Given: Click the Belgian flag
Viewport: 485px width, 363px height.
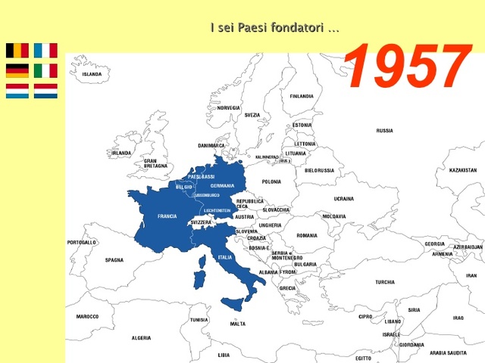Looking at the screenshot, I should [17, 51].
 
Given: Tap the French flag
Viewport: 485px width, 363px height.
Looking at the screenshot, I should [45, 51].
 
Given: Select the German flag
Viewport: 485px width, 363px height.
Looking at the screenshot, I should [17, 71].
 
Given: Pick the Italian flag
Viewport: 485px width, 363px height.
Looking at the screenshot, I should [45, 71].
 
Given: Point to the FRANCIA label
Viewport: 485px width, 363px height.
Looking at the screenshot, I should [167, 216].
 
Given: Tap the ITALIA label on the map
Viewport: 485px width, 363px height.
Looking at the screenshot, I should [225, 257].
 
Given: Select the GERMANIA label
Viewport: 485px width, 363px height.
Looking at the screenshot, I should [222, 186].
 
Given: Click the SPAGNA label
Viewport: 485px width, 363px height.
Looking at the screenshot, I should [114, 260].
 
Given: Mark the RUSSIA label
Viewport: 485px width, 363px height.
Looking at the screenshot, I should [384, 130].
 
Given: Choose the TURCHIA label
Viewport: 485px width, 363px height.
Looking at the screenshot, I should [384, 282].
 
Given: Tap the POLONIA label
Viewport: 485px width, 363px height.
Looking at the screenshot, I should [271, 181].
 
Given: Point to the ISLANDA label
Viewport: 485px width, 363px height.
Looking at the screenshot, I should [92, 74].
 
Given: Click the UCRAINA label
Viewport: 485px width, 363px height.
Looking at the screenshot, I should [343, 199].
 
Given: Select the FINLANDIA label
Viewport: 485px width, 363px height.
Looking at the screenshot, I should [301, 96].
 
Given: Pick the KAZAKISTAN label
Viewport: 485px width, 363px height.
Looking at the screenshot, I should [462, 170].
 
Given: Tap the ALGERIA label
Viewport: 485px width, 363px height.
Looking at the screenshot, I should [141, 338].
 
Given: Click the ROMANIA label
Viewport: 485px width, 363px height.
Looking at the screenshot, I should [307, 235].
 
